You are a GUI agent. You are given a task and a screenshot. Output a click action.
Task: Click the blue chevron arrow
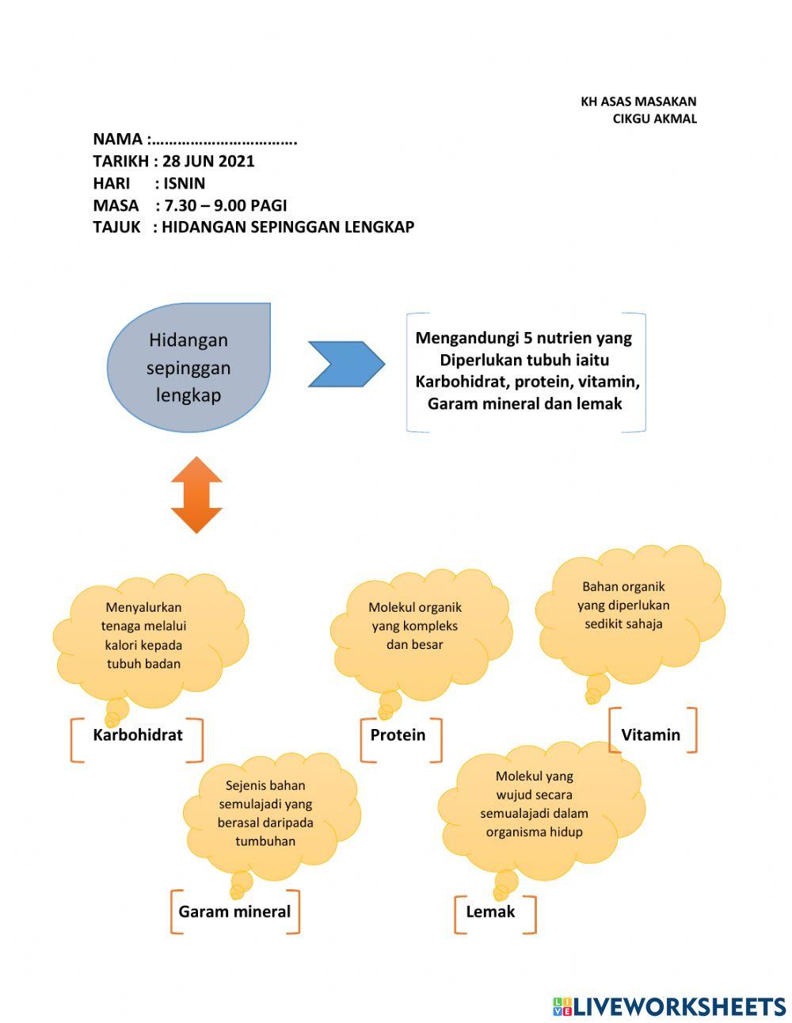[346, 364]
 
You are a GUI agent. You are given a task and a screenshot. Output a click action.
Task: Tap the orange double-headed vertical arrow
[196, 494]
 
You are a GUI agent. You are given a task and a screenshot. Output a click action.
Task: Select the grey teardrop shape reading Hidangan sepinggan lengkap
[189, 367]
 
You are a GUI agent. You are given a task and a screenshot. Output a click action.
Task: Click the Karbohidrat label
[138, 735]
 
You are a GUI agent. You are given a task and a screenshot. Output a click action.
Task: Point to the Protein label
[398, 735]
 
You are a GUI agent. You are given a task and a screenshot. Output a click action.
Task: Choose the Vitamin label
[651, 735]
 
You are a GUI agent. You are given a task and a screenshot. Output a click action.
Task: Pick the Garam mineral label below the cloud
[234, 911]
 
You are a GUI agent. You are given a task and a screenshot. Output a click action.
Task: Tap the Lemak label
[490, 911]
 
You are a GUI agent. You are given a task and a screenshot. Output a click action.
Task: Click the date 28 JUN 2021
[208, 161]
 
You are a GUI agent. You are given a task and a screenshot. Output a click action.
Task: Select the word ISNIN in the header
[184, 183]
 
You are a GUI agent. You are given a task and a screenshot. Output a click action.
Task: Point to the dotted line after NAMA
[225, 142]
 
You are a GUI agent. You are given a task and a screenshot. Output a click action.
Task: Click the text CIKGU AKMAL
[654, 119]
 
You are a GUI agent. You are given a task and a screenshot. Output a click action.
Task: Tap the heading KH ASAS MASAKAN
[638, 101]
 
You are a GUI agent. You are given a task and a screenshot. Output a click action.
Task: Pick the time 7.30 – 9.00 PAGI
[225, 205]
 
